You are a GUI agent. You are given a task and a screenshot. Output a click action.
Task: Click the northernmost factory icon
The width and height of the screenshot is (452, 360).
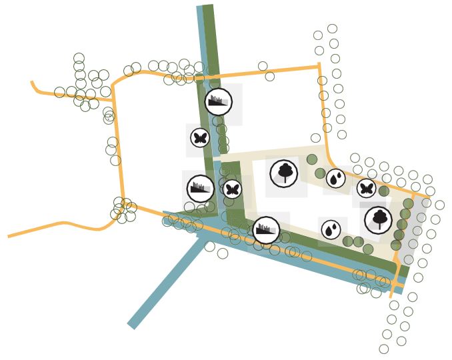(219, 101)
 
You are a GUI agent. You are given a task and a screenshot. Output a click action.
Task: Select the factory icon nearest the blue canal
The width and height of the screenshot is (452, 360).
(267, 230)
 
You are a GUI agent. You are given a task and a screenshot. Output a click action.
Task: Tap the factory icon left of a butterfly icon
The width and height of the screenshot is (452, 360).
(200, 189)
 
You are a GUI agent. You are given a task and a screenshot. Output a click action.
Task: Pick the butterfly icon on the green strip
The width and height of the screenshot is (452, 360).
(232, 189)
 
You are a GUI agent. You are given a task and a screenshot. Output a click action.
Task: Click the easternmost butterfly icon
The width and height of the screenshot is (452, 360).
(366, 189)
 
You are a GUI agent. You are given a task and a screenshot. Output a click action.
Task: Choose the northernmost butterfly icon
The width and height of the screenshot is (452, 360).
(200, 138)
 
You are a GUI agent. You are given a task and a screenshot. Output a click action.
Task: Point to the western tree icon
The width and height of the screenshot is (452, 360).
(285, 173)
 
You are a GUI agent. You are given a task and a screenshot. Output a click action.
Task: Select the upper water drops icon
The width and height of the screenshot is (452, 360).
(336, 178)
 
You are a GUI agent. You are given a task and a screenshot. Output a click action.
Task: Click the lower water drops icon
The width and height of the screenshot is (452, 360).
(331, 230)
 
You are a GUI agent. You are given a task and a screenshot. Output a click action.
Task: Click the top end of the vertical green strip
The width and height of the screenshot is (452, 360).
(209, 8)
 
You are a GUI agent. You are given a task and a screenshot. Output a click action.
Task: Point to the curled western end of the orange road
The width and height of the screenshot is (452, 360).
(32, 83)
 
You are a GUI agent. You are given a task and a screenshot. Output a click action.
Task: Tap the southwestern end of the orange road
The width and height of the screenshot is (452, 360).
(9, 236)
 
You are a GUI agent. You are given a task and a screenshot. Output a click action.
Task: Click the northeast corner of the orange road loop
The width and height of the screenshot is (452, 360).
(319, 66)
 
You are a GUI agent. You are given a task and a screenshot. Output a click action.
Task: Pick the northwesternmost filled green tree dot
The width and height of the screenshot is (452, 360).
(312, 159)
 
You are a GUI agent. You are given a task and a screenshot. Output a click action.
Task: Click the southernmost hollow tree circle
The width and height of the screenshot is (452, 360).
(384, 349)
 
